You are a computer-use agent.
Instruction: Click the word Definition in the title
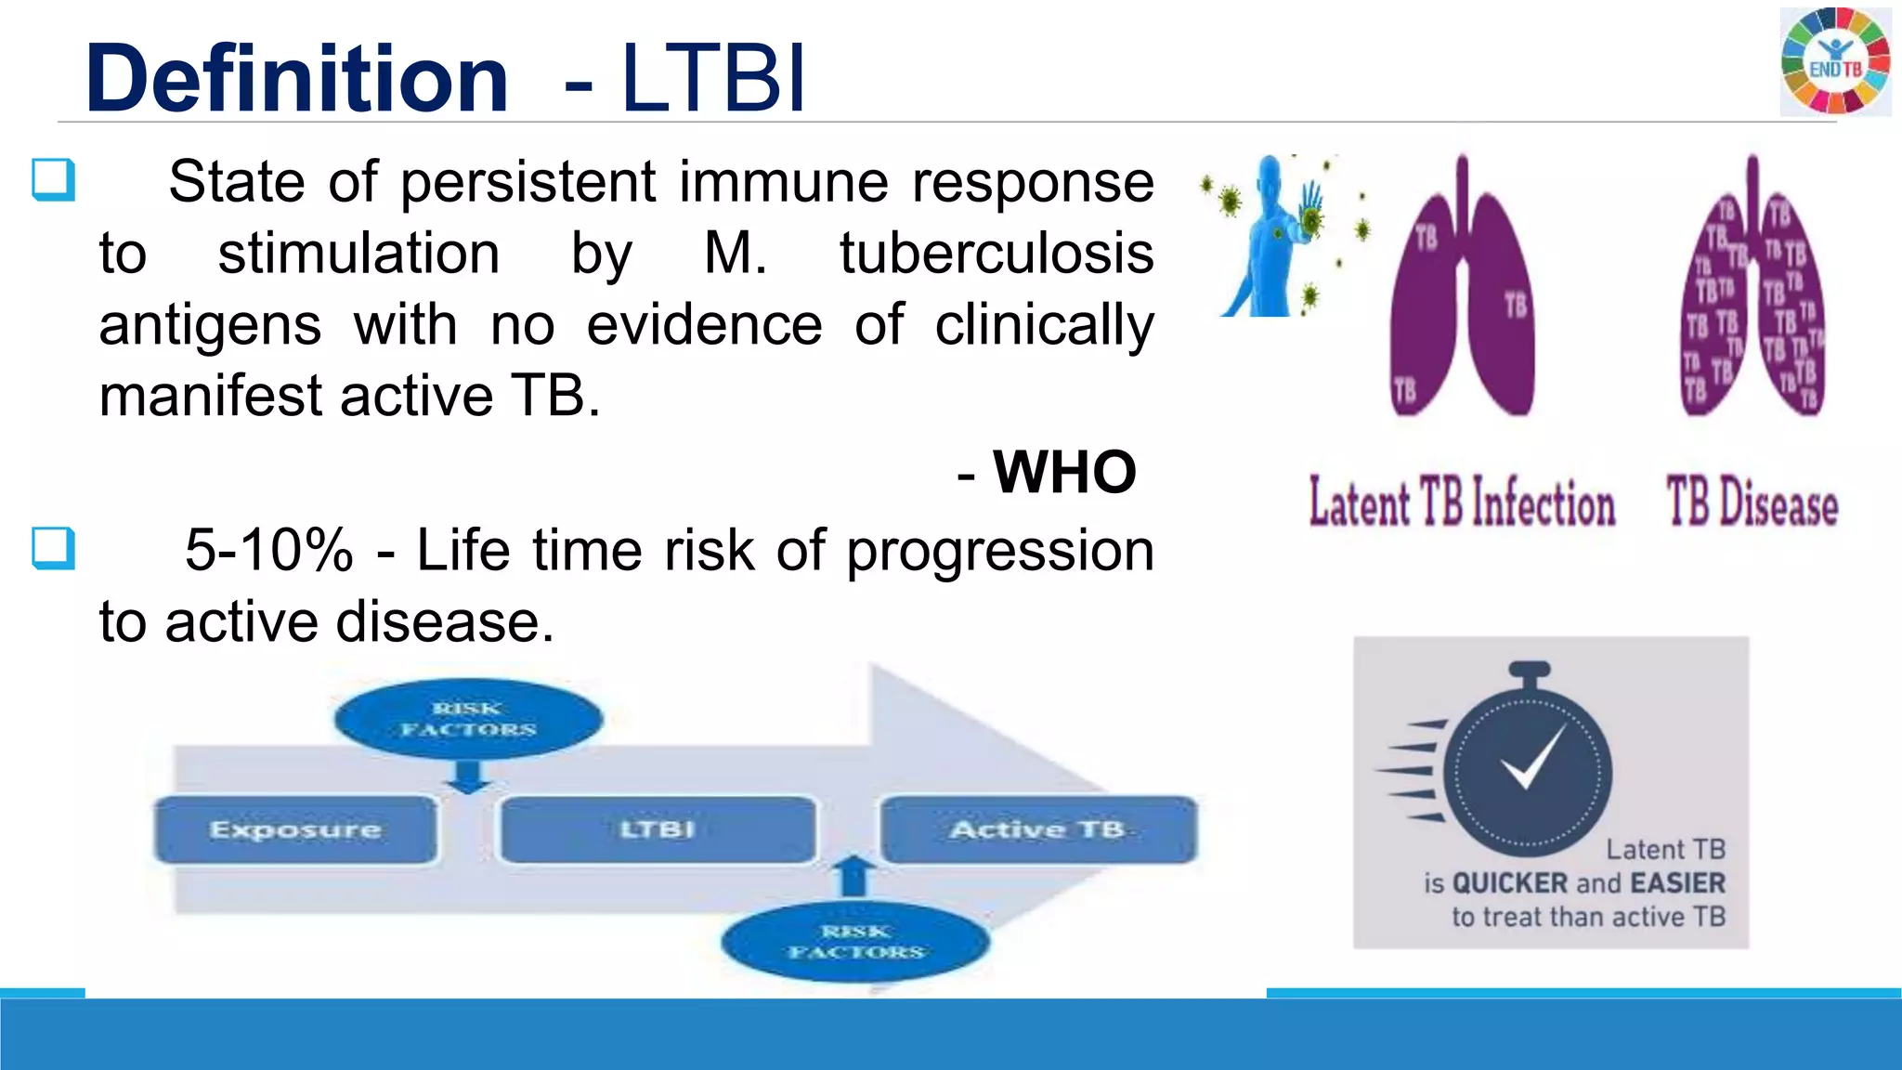pos(297,79)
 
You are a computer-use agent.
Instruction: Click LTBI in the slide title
pos(713,79)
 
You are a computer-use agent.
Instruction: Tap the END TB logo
pos(1835,61)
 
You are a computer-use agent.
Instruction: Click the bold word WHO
pos(1064,472)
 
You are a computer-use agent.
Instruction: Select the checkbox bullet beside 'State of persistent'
pos(53,179)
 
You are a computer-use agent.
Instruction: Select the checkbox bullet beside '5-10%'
pos(53,548)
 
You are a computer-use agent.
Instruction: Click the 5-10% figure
pos(269,550)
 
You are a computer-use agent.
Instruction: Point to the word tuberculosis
pos(997,254)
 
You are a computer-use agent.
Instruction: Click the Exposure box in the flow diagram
pos(295,829)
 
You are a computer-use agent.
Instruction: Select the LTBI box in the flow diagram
pos(658,829)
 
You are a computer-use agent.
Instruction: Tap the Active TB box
pos(1038,829)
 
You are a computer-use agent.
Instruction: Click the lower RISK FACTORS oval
pos(855,942)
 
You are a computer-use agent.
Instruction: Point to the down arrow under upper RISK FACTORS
pos(468,776)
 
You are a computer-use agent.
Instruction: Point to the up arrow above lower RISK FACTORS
pos(854,875)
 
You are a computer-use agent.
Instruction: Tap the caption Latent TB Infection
pos(1462,503)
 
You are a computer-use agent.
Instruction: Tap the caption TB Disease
pos(1752,503)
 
